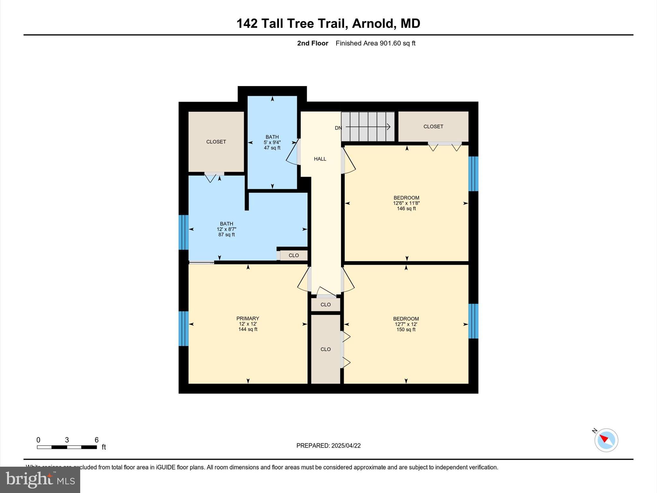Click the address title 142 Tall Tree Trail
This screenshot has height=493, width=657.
coord(328,23)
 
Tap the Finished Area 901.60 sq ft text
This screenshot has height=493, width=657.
coord(375,43)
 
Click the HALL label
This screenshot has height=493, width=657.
coord(320,159)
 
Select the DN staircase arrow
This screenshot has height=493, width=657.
coord(367,127)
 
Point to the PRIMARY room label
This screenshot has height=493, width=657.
coord(248,318)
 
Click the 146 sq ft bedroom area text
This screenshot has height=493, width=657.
coord(406,209)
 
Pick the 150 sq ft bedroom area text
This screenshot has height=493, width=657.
coord(406,330)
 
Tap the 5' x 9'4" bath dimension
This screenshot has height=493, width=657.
coord(272,143)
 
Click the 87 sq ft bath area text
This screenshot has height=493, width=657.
coord(226,235)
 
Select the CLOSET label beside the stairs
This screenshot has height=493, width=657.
coord(433,126)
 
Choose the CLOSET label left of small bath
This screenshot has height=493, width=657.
coord(216,142)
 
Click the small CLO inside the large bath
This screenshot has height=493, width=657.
coord(294,255)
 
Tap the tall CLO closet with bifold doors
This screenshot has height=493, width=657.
coord(325,349)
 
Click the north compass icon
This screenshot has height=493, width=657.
coord(606,440)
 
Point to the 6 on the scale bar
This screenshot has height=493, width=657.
coord(96,440)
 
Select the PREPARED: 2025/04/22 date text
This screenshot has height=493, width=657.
coord(328,445)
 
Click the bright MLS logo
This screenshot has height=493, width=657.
coord(40,480)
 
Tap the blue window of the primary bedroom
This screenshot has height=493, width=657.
coord(183,328)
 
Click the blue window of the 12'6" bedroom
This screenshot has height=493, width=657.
coord(473,174)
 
